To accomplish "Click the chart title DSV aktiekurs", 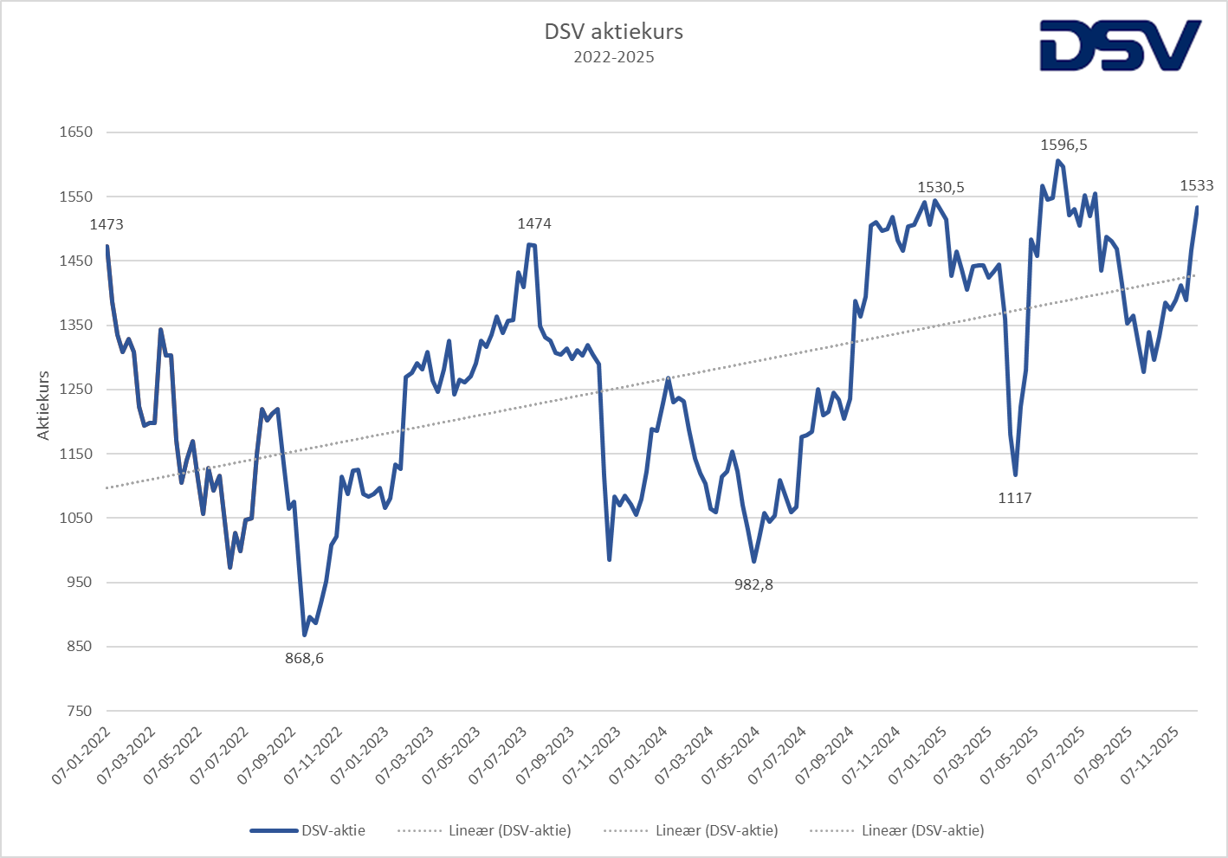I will pos(613,32).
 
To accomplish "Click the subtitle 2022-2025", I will pos(613,58).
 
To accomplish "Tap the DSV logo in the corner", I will pos(1120,45).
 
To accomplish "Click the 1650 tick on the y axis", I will pos(76,132).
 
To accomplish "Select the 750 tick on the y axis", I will pos(78,711).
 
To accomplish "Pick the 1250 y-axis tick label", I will pos(76,390).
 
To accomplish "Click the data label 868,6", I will pos(305,658).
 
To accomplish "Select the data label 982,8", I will pos(753,584).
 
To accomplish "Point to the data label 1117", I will pos(1015,498).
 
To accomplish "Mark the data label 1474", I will pos(534,223).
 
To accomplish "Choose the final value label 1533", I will pos(1197,185).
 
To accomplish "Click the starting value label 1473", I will pos(107,224).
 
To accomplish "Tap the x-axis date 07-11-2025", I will pos(1148,757).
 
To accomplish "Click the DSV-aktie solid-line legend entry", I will pos(308,830).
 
